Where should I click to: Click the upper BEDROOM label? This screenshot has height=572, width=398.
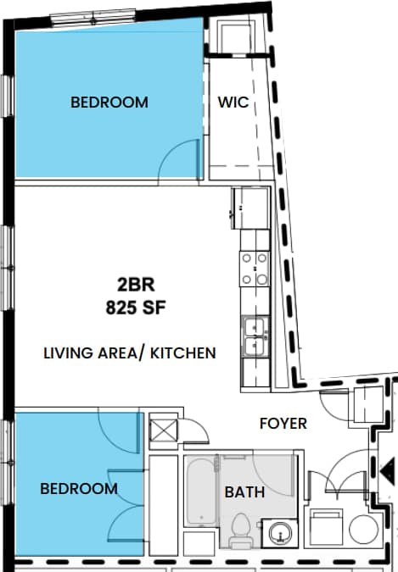[x=109, y=103]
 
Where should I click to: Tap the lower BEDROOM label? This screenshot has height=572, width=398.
[x=79, y=489]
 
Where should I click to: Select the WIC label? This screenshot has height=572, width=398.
[x=233, y=103]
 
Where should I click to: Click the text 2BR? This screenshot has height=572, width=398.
[x=136, y=284]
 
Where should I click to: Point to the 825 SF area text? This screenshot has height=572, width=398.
[x=136, y=307]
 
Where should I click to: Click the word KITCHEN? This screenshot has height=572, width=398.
[x=183, y=353]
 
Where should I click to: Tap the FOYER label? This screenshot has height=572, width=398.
[x=283, y=423]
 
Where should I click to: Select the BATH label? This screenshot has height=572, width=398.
[x=244, y=491]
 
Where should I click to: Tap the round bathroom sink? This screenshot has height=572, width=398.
[x=278, y=533]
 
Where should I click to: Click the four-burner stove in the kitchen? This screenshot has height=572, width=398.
[x=255, y=269]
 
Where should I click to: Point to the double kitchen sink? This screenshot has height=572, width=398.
[x=254, y=336]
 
